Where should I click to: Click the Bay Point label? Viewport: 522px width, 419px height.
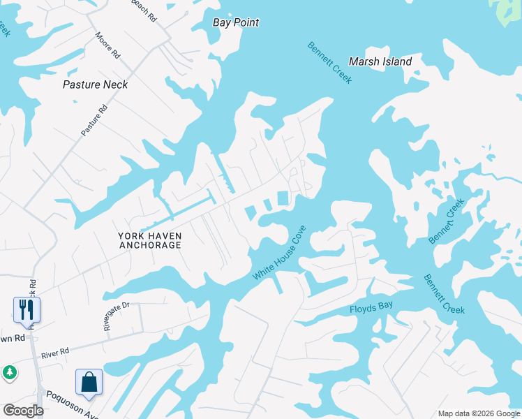click(x=236, y=22)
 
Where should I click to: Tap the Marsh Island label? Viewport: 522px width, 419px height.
click(x=380, y=61)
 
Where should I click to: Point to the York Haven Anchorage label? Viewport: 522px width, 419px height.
click(x=150, y=240)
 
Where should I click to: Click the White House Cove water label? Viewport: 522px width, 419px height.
click(x=279, y=253)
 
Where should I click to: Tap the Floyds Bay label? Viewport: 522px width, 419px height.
click(x=371, y=308)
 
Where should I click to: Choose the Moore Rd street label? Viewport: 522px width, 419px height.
click(x=108, y=45)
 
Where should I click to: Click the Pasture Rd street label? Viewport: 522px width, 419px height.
click(x=94, y=119)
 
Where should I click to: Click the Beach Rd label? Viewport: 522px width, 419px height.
click(x=142, y=9)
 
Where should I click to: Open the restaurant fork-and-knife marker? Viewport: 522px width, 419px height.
click(x=27, y=309)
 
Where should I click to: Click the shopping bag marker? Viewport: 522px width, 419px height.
click(x=89, y=381)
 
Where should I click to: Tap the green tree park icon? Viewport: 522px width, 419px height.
click(x=10, y=372)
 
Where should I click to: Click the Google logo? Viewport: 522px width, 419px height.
click(x=22, y=411)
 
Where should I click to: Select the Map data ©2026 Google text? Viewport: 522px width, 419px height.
click(x=479, y=413)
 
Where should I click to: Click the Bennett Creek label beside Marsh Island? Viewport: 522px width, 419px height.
click(x=330, y=63)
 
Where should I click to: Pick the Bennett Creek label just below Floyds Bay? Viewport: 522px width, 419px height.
click(x=444, y=293)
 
